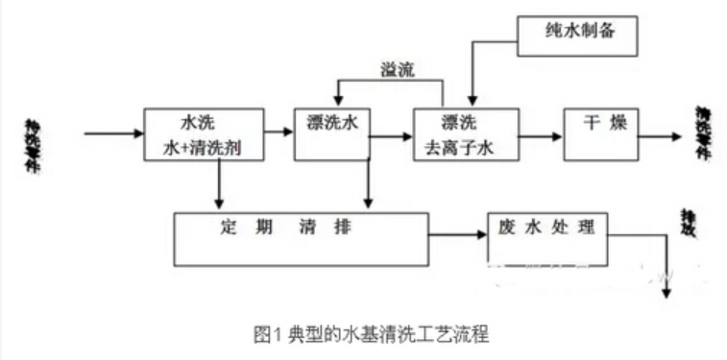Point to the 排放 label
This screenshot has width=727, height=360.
688,225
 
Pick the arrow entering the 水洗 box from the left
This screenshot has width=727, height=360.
113,133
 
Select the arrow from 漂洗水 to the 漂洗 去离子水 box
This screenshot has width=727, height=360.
392,136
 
